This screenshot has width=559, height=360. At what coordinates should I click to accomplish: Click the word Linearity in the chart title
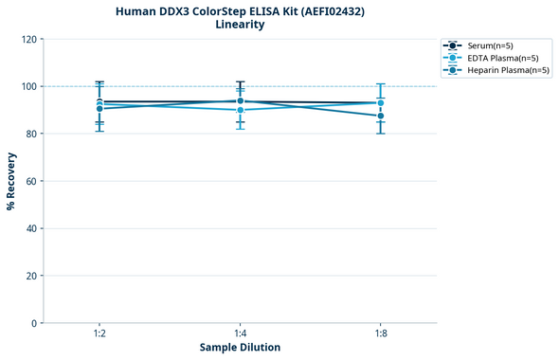pyautogui.click(x=240, y=25)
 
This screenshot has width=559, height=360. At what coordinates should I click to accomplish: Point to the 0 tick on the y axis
pyautogui.click(x=34, y=323)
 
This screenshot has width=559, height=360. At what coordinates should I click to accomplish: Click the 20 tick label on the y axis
pyautogui.click(x=31, y=276)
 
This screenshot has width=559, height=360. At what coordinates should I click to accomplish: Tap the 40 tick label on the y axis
pyautogui.click(x=31, y=228)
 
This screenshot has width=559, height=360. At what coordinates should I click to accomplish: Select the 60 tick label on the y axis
pyautogui.click(x=31, y=181)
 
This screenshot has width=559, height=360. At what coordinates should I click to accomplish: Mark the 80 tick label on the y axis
pyautogui.click(x=31, y=134)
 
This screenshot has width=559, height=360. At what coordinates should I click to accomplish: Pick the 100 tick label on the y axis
pyautogui.click(x=28, y=86)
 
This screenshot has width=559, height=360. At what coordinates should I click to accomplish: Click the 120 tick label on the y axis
pyautogui.click(x=28, y=39)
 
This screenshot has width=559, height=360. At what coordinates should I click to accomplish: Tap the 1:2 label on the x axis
pyautogui.click(x=99, y=334)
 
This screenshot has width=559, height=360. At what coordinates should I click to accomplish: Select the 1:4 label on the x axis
pyautogui.click(x=240, y=334)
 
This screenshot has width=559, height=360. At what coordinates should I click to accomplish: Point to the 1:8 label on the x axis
pyautogui.click(x=381, y=334)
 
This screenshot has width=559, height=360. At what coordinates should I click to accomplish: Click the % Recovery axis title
pyautogui.click(x=11, y=181)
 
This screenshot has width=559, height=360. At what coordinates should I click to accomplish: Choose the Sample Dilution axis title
pyautogui.click(x=240, y=348)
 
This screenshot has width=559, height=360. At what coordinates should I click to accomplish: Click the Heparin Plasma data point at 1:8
pyautogui.click(x=381, y=116)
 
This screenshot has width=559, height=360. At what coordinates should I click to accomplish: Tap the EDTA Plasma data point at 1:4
pyautogui.click(x=240, y=110)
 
